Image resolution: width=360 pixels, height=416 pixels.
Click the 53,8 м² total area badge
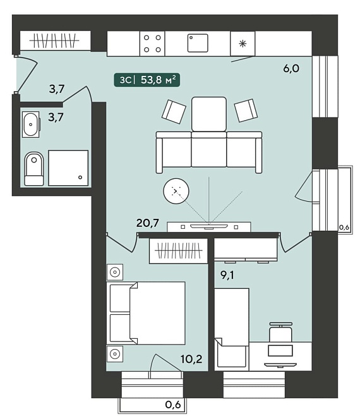147,80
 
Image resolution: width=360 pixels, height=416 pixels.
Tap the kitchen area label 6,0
291,68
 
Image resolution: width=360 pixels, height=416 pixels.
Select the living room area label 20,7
148,223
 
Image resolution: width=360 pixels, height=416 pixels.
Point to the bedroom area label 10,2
191,359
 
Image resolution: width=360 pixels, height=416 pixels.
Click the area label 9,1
227,276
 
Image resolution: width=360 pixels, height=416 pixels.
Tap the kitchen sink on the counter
198,43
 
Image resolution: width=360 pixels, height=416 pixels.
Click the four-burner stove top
152,44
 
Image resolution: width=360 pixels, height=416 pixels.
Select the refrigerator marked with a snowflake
243,44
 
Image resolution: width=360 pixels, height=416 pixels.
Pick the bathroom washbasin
31,125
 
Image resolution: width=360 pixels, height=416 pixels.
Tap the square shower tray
68,168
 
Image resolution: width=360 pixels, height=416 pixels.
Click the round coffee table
176,191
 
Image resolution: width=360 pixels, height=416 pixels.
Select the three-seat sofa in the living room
209,152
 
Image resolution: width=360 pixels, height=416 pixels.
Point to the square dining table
209,114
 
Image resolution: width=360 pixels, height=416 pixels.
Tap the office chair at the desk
280,332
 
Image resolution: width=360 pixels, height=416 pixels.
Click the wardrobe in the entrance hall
56,40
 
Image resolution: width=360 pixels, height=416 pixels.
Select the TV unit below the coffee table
209,227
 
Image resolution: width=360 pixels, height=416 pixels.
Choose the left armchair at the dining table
174,111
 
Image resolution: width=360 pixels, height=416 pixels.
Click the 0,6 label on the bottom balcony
173,405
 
